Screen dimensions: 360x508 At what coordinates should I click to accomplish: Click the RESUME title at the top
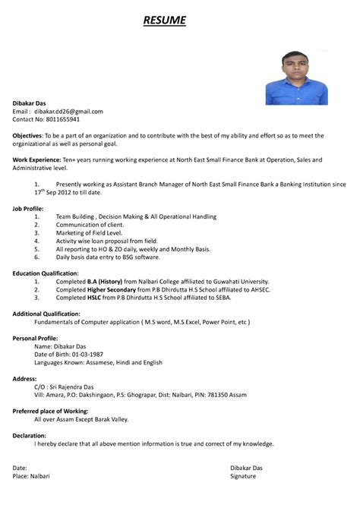pyautogui.click(x=164, y=19)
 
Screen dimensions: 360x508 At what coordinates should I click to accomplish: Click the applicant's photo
pyautogui.click(x=297, y=77)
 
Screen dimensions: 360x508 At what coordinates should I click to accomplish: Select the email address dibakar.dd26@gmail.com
pyautogui.click(x=71, y=111)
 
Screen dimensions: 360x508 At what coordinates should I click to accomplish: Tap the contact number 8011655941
pyautogui.click(x=62, y=119)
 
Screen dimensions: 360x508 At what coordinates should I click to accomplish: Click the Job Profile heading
pyautogui.click(x=28, y=207)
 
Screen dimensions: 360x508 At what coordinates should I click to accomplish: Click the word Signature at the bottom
pyautogui.click(x=243, y=475)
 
